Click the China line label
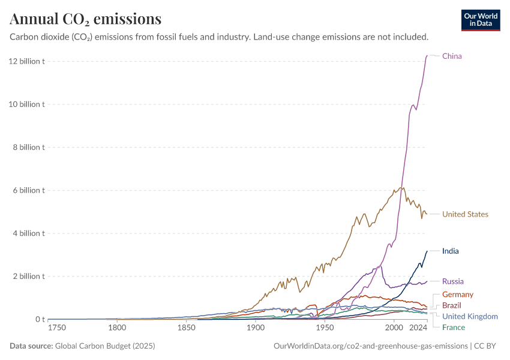(452, 56)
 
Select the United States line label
(465, 214)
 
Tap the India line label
(450, 251)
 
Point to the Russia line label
(452, 281)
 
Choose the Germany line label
(457, 295)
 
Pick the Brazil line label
(451, 305)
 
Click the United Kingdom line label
(470, 316)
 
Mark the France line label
(453, 327)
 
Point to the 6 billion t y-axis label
(27, 190)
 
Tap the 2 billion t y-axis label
(27, 277)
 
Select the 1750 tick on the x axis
(58, 328)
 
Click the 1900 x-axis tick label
(256, 328)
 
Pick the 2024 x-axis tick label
(418, 328)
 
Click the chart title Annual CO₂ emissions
(86, 19)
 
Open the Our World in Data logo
(480, 20)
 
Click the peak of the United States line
(402, 188)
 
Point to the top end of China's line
(427, 56)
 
